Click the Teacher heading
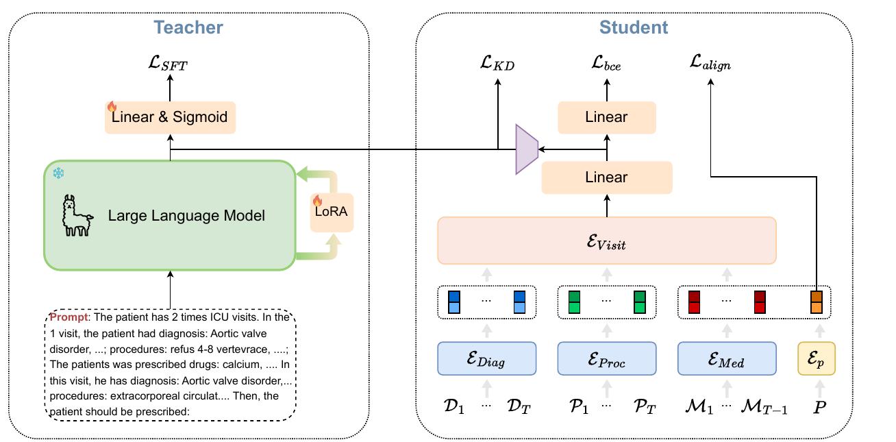[x=188, y=27]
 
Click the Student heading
[x=634, y=27]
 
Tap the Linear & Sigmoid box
[x=170, y=117]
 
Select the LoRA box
[x=332, y=212]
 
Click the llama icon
[x=77, y=215]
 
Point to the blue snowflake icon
[x=59, y=173]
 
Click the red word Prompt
[x=69, y=317]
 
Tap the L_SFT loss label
[x=168, y=63]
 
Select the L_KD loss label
[x=497, y=63]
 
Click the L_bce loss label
[x=606, y=63]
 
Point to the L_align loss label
[x=710, y=63]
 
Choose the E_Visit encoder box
[x=607, y=241]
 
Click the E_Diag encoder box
[x=487, y=358]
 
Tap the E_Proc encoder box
[x=607, y=358]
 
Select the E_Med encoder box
[x=727, y=358]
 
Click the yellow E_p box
[x=817, y=358]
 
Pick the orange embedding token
[x=817, y=302]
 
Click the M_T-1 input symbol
[x=764, y=406]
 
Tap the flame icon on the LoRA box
[x=318, y=200]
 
